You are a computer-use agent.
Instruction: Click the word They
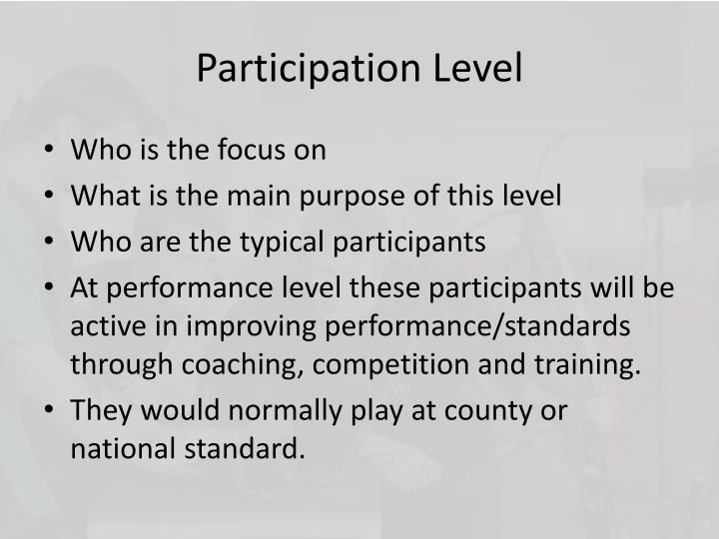(98, 410)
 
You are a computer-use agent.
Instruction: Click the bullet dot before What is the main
(51, 197)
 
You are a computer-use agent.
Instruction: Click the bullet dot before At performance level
(51, 288)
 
